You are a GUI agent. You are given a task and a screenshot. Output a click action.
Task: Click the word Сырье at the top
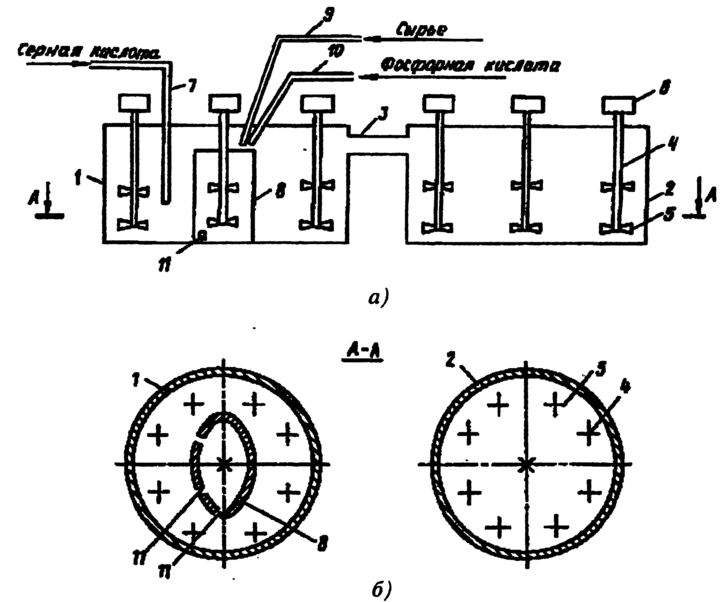coord(422,30)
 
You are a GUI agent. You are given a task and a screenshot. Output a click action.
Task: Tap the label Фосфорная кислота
coord(470,66)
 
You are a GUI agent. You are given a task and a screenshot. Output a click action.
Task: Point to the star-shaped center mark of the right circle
coord(526,464)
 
